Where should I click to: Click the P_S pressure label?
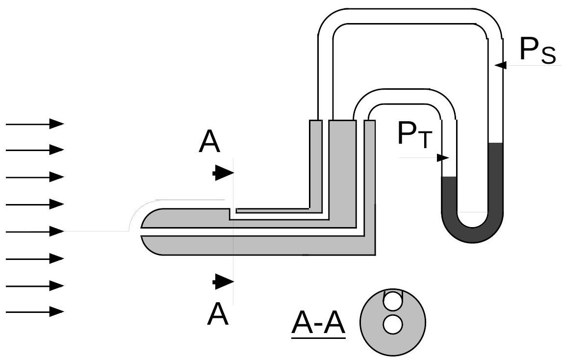(536, 51)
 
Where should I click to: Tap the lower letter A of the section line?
(218, 314)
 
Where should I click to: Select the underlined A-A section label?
(318, 324)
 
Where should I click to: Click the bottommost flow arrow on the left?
(35, 311)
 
